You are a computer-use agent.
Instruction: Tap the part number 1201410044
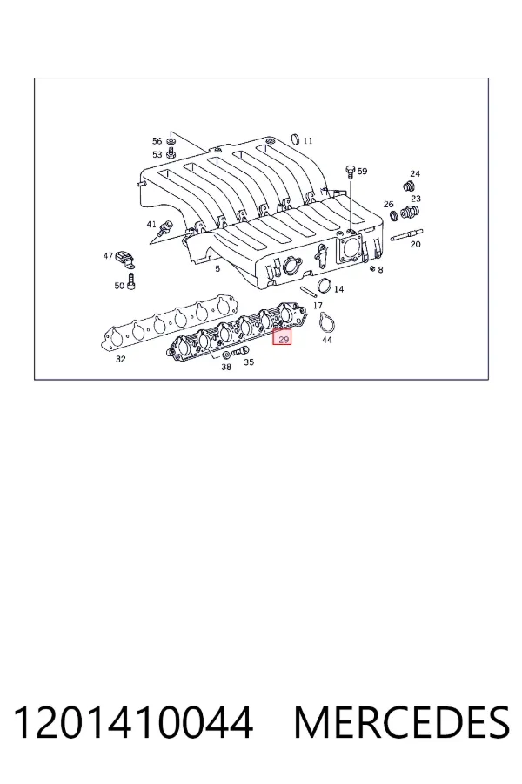(x=133, y=723)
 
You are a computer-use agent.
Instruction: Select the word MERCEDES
(x=402, y=723)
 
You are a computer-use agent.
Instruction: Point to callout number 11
(x=308, y=140)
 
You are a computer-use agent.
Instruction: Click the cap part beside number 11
(x=295, y=139)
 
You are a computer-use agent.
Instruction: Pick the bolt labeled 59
(x=350, y=172)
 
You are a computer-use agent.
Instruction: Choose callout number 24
(x=415, y=173)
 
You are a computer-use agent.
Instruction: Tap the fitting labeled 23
(x=409, y=213)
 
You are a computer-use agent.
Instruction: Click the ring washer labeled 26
(x=393, y=215)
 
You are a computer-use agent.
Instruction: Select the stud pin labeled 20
(x=407, y=235)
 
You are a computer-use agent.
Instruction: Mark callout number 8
(x=381, y=270)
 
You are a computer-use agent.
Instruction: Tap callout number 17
(x=318, y=305)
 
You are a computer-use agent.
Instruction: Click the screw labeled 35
(x=240, y=352)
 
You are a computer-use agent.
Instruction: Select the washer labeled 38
(x=225, y=355)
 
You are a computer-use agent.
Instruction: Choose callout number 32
(x=120, y=359)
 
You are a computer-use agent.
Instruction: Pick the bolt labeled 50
(x=131, y=280)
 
